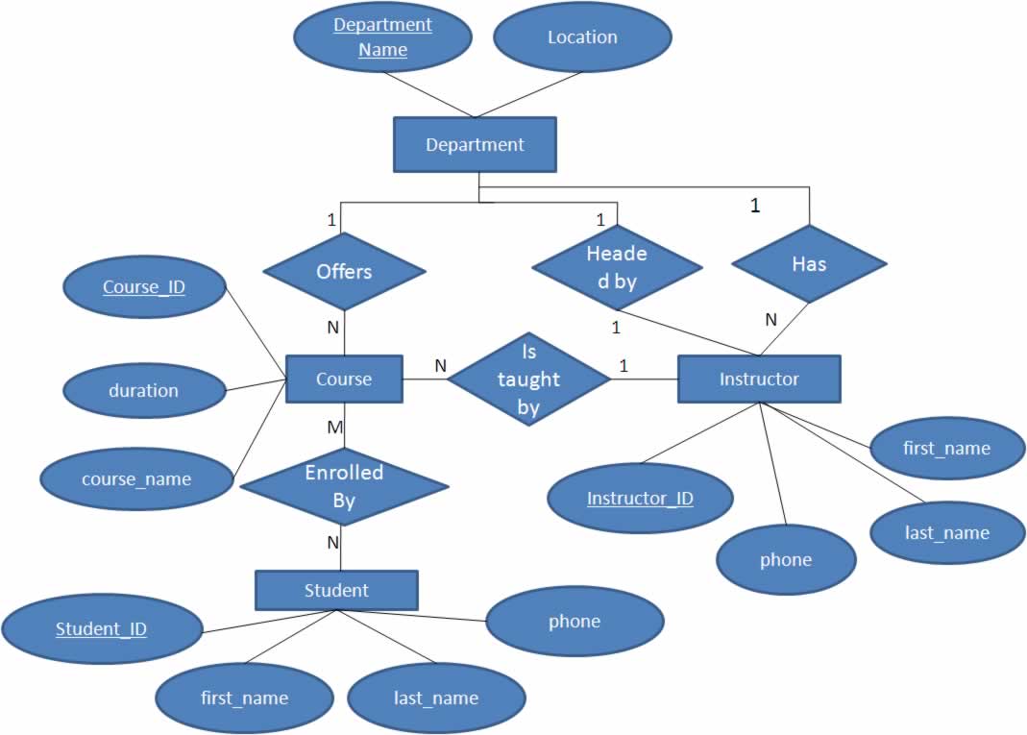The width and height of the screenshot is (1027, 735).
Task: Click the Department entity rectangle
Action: [x=475, y=145]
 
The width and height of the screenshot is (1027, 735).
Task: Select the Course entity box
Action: [x=344, y=379]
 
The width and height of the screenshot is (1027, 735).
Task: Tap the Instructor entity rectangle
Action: [x=759, y=379]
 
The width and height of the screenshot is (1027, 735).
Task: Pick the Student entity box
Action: [x=336, y=590]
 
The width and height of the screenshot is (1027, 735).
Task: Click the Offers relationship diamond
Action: [x=344, y=272]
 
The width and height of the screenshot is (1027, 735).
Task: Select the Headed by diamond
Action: [x=616, y=267]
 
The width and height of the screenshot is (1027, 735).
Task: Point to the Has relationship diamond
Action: [x=809, y=264]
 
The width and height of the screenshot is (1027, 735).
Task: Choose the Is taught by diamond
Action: [x=528, y=379]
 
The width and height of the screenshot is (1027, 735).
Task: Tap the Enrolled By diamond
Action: [x=344, y=486]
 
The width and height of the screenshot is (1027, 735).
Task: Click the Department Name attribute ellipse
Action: [x=382, y=37]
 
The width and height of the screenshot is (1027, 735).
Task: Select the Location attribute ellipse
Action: [x=582, y=37]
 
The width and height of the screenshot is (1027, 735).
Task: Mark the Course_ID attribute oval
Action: [x=144, y=285]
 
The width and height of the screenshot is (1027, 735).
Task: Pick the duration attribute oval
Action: [x=143, y=390]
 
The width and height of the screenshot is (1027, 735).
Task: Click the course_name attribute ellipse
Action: [x=136, y=478]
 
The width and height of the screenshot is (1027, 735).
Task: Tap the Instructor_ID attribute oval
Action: [x=640, y=499]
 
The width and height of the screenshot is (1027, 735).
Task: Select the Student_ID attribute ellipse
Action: [x=101, y=629]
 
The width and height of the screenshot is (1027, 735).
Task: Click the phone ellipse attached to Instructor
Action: [x=786, y=559]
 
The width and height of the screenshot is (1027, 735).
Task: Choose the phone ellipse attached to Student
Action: [x=575, y=621]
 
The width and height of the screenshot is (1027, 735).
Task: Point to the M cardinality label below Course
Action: [x=334, y=428]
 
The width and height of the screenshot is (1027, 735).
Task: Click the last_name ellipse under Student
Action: [x=436, y=698]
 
